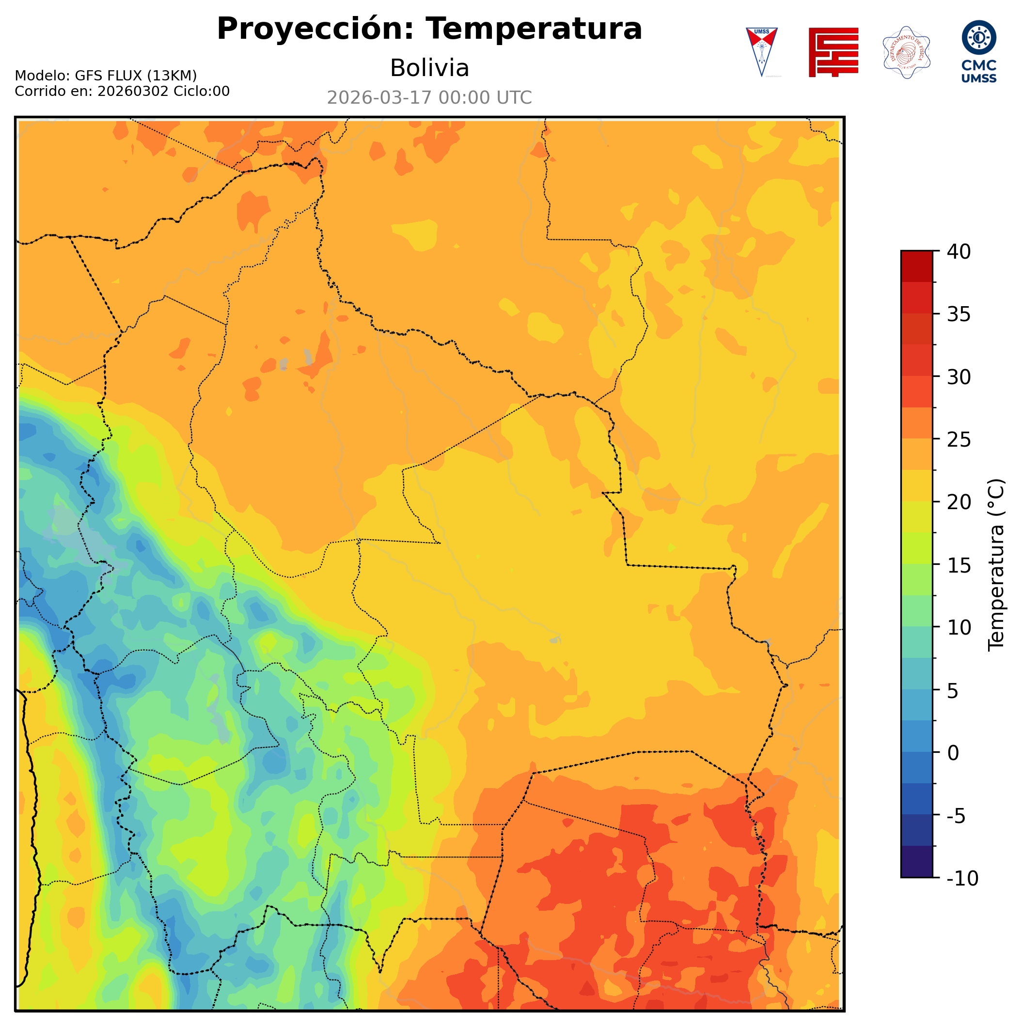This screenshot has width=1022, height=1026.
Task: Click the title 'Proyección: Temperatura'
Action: pos(429,29)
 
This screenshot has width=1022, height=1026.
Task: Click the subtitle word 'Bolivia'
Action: pos(429,68)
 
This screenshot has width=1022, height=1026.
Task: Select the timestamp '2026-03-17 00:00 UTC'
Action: pos(429,98)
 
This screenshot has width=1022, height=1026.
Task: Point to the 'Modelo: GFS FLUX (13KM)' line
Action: pos(106,76)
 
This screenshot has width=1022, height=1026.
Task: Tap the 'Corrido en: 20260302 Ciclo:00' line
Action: pos(122,92)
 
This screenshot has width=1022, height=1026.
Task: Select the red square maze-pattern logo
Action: pos(833,52)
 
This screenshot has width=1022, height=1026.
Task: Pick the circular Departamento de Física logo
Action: pos(906,52)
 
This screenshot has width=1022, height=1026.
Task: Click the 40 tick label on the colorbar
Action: pos(959,252)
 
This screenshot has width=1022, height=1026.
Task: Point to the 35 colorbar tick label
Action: pos(959,314)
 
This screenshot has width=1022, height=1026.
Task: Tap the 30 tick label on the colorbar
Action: pos(959,377)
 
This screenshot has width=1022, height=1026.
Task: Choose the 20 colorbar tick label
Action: pos(959,502)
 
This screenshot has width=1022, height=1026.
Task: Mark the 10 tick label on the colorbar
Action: pos(959,627)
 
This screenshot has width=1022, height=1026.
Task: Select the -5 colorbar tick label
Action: pos(956,815)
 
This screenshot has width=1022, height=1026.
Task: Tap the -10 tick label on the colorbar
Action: pos(962,878)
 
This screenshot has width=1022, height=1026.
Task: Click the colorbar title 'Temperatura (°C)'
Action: pos(996,565)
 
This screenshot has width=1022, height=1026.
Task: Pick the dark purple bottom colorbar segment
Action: pos(916,862)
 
